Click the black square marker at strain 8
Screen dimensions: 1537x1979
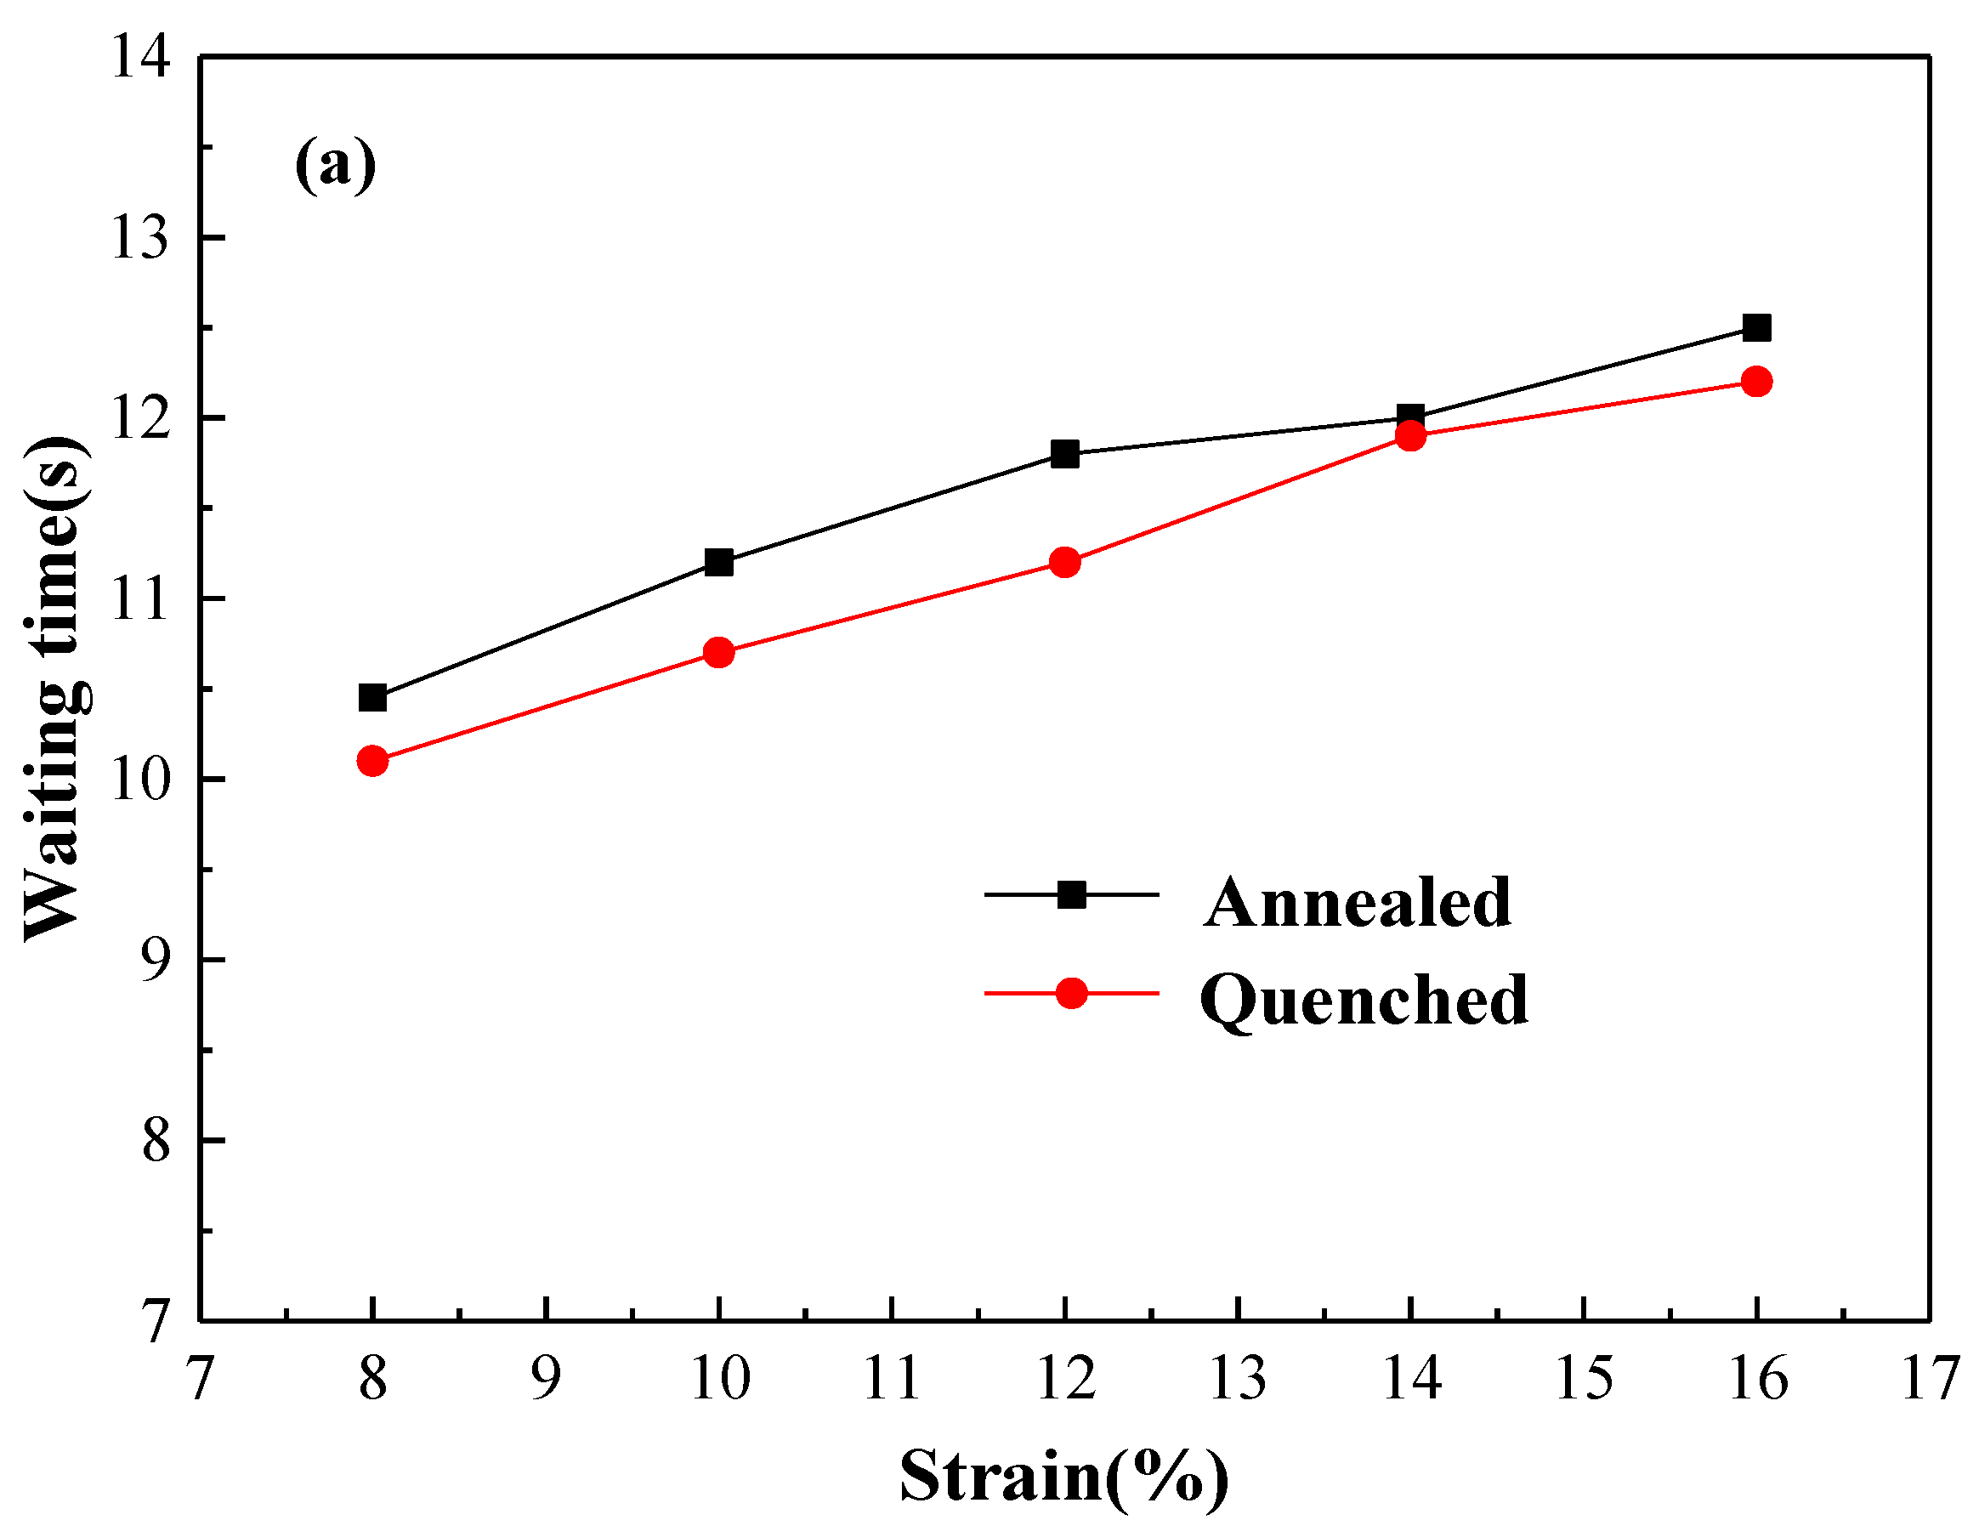372,698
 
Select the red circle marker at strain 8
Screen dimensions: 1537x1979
372,760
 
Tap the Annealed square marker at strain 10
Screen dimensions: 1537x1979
718,562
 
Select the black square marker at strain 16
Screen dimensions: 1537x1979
1756,327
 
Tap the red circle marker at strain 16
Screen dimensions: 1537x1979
1756,382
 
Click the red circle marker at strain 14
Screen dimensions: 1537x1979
1411,436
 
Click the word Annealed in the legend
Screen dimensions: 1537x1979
1357,903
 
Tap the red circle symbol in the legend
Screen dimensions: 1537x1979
1071,993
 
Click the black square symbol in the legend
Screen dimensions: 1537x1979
1071,895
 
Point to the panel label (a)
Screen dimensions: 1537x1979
335,165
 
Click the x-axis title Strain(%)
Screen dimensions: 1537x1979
1063,1477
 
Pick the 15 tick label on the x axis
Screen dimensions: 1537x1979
1584,1378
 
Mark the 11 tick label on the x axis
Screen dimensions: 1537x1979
892,1378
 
